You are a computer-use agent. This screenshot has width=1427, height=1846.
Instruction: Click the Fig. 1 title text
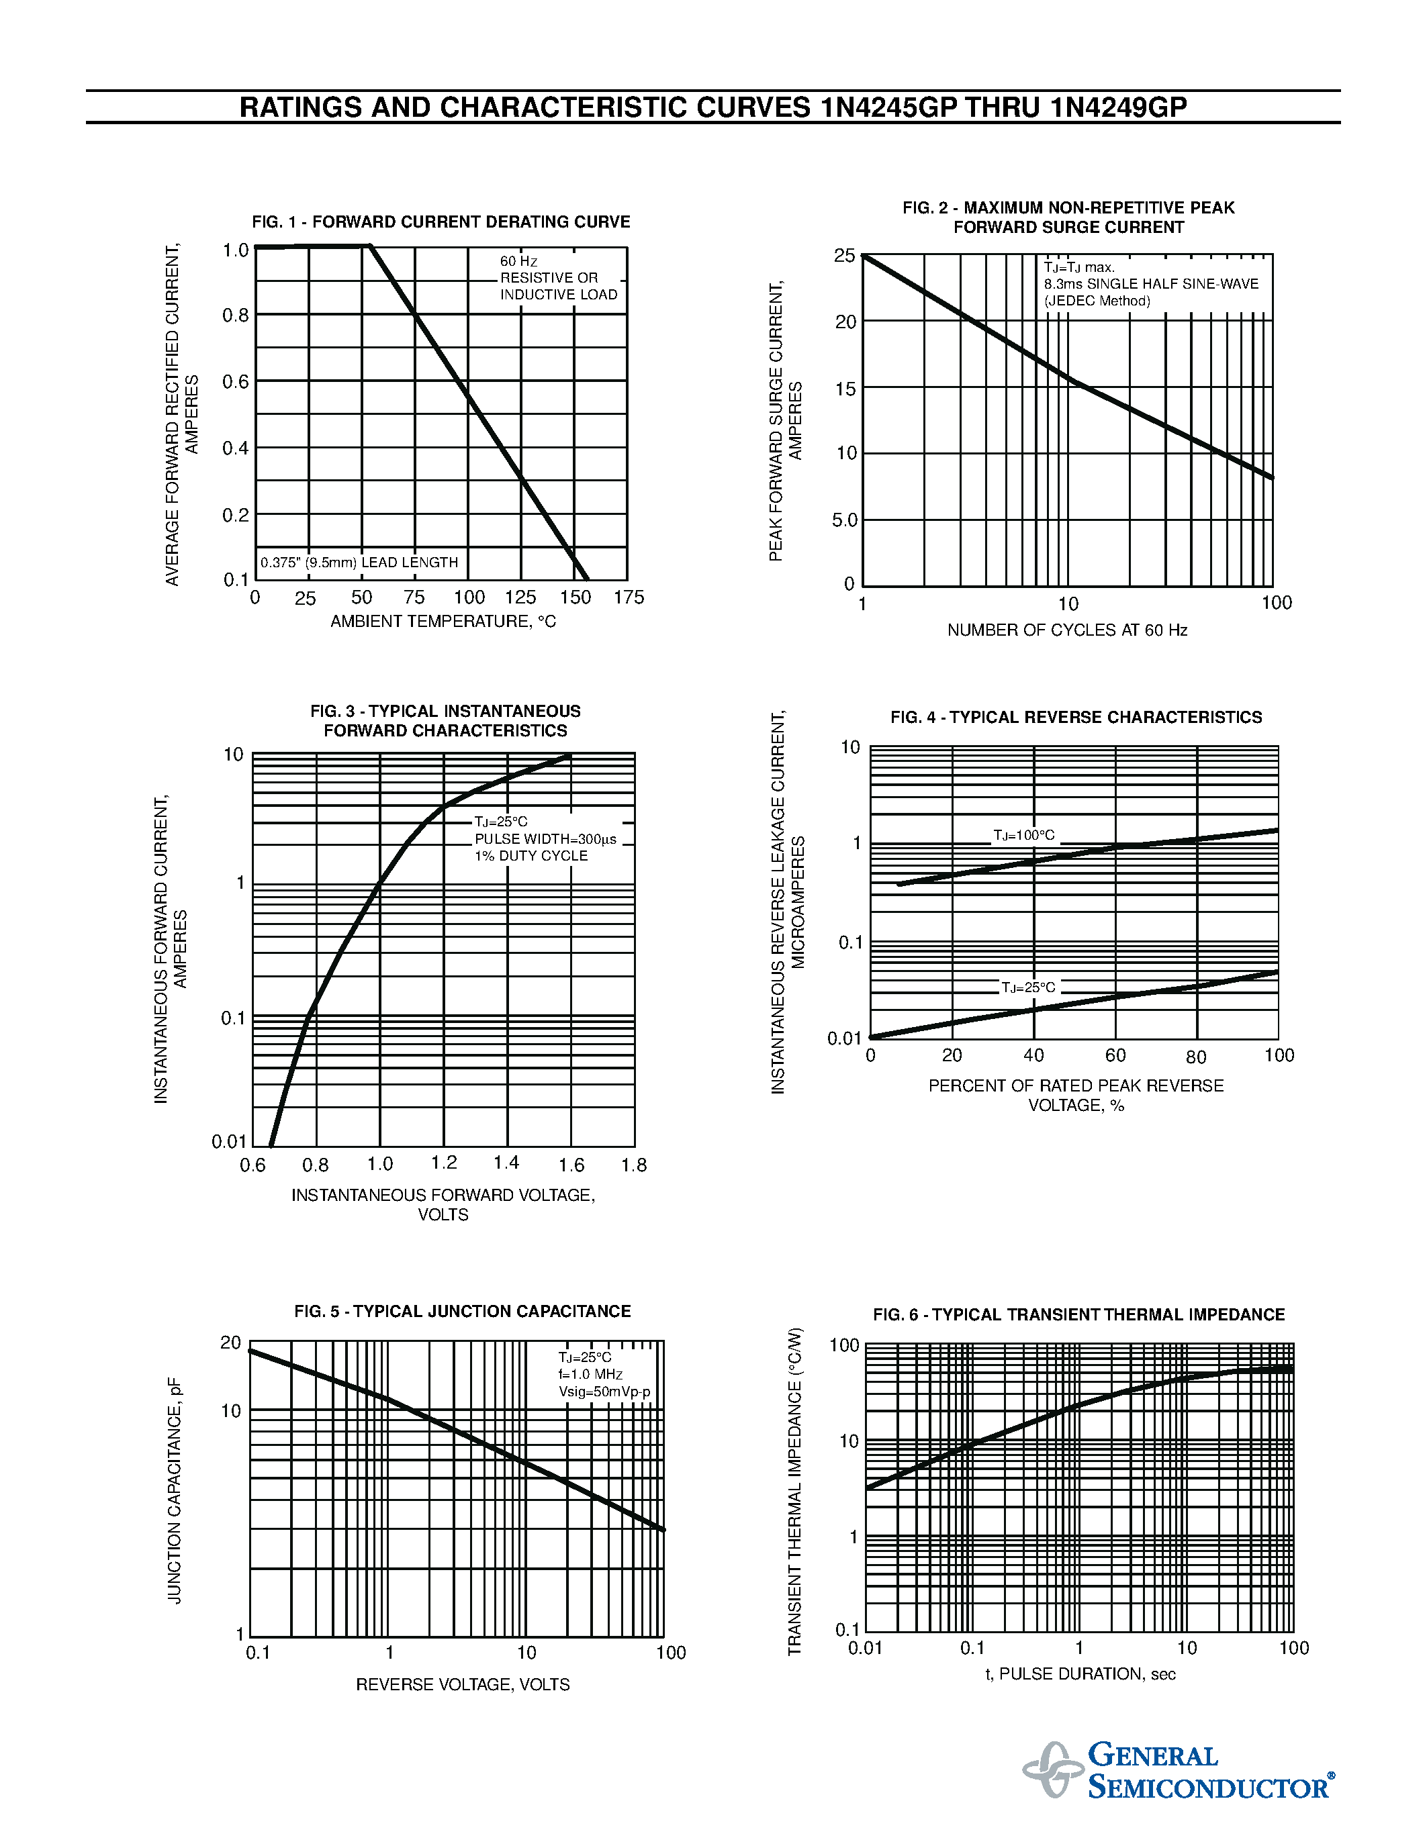(441, 222)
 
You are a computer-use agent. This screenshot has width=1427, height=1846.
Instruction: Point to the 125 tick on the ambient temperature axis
(520, 597)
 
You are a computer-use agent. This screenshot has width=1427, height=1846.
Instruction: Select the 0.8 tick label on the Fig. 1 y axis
(236, 316)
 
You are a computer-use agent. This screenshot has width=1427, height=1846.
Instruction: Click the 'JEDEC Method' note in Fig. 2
(1097, 301)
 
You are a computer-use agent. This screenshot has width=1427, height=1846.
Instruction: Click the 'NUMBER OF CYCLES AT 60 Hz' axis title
(1067, 630)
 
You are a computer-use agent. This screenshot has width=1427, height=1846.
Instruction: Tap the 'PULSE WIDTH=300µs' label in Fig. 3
(545, 839)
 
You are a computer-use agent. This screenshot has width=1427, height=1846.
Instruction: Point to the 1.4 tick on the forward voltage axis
(506, 1163)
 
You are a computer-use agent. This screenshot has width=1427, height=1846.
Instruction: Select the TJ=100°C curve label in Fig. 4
(1024, 835)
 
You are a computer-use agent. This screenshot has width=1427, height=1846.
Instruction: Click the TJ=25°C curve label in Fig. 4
(1028, 987)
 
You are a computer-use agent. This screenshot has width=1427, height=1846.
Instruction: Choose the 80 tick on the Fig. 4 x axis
(1196, 1057)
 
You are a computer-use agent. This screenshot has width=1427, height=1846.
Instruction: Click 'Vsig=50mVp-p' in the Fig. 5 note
(604, 1392)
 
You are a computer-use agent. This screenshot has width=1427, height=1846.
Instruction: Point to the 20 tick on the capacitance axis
(231, 1343)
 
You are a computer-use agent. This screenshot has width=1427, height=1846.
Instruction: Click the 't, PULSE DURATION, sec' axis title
(1080, 1673)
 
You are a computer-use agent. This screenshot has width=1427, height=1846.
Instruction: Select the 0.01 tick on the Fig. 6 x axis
(866, 1648)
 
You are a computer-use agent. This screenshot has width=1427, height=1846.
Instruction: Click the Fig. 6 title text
(1078, 1314)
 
